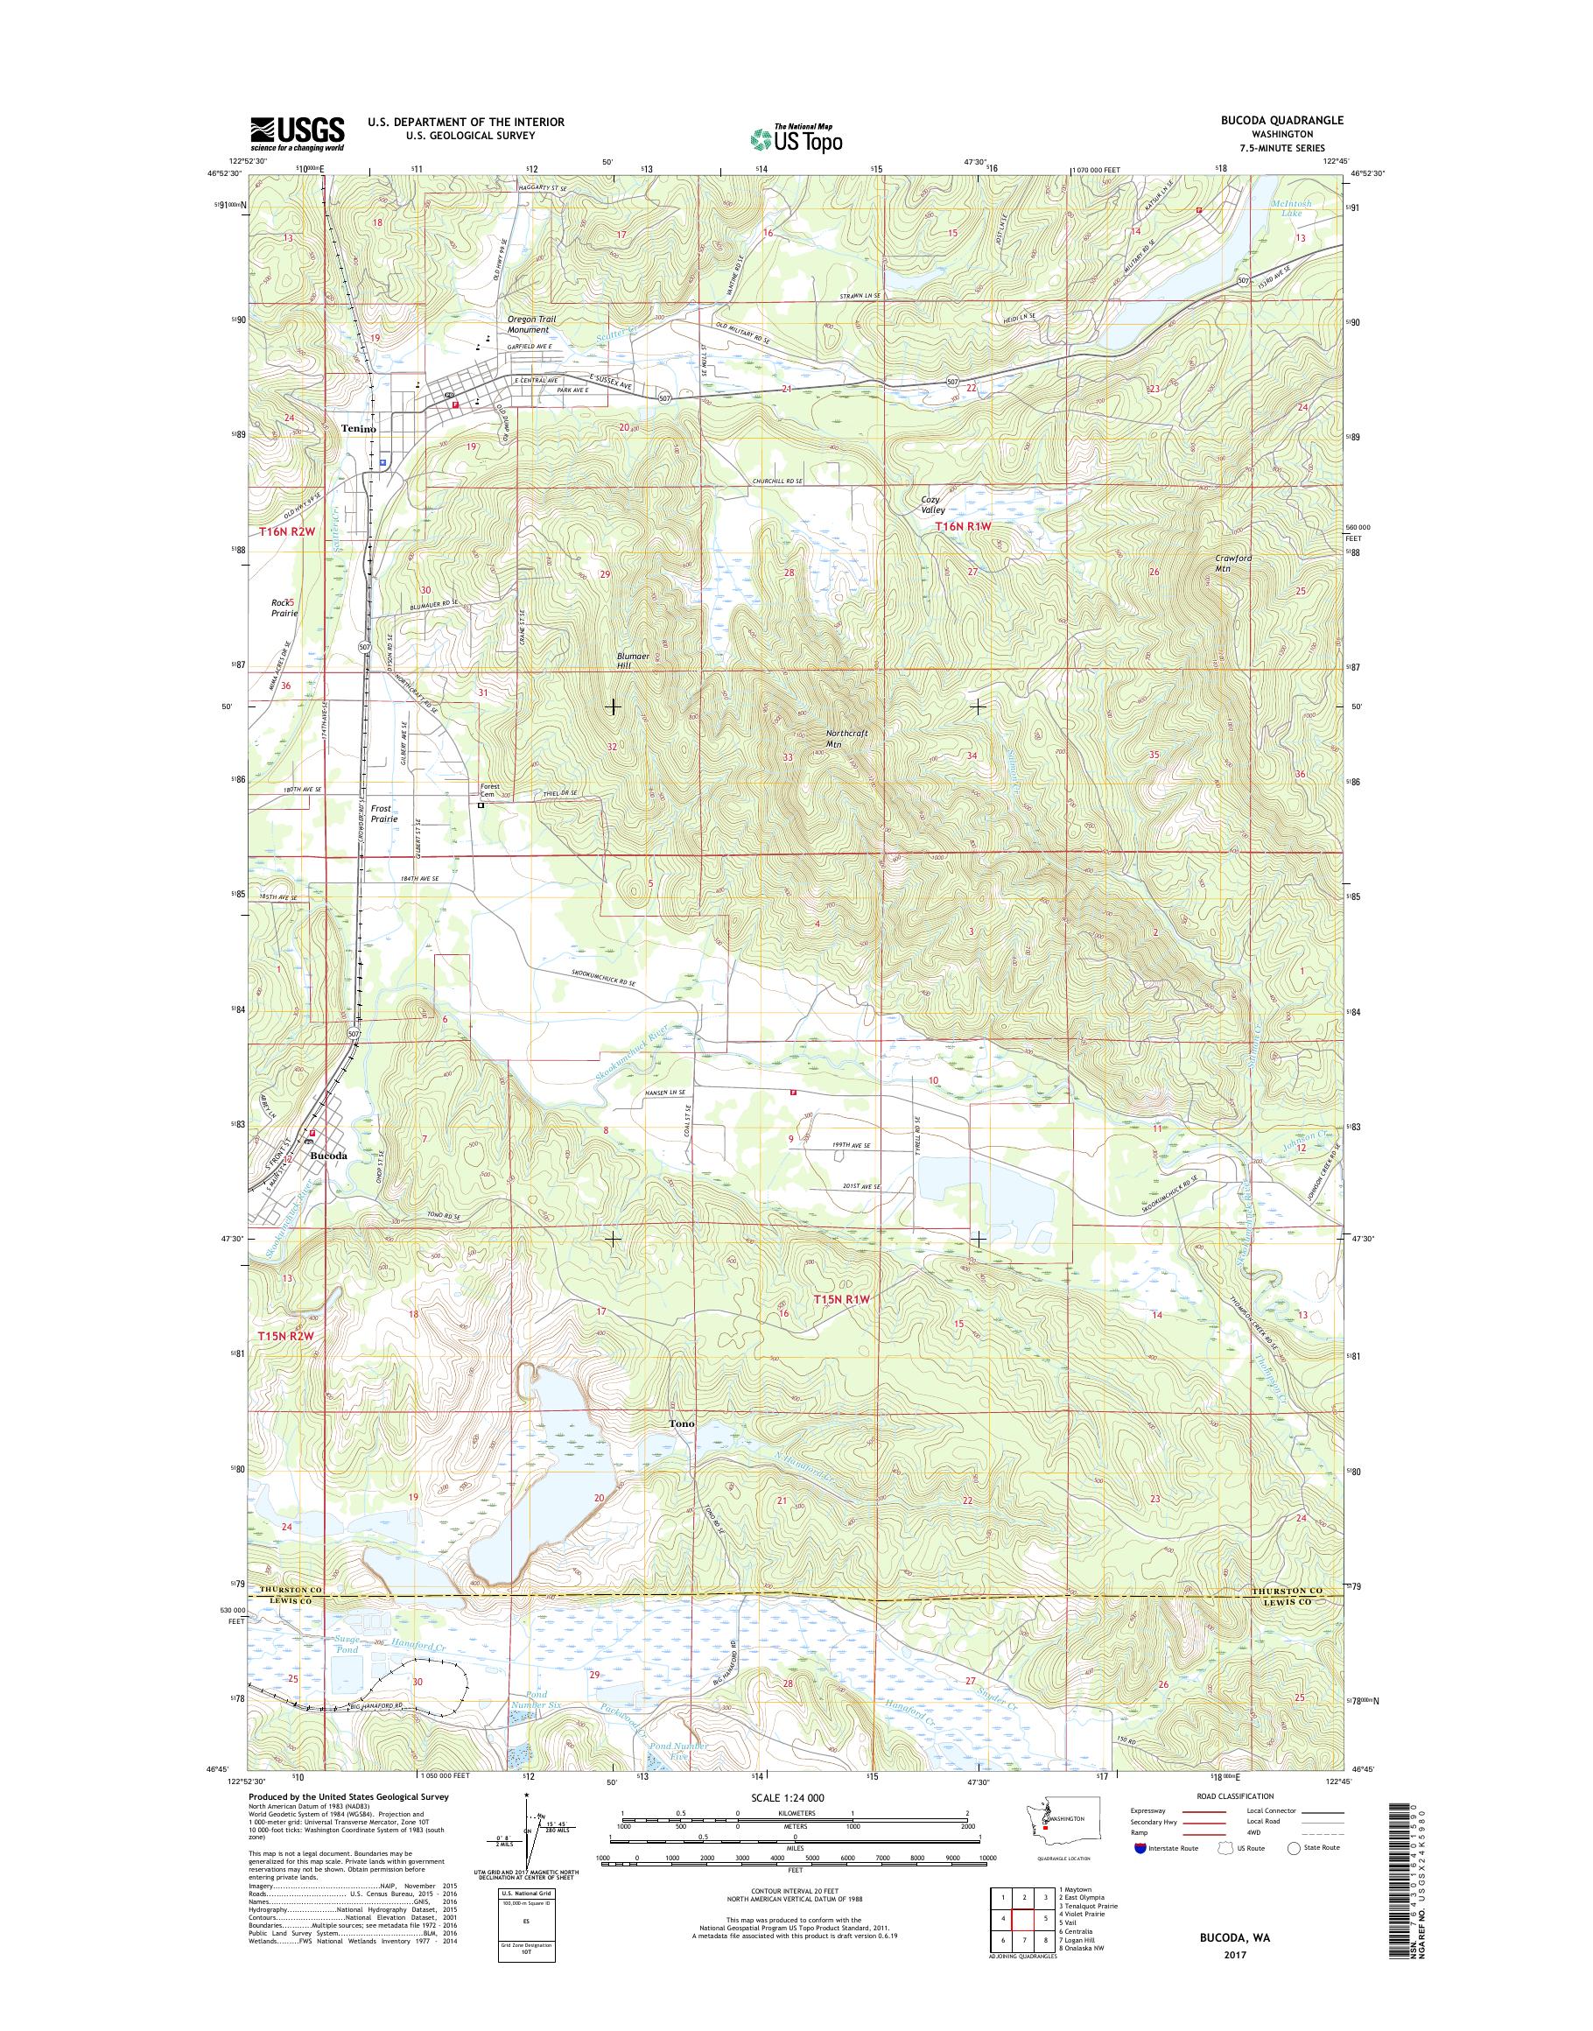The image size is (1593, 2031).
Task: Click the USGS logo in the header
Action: click(297, 133)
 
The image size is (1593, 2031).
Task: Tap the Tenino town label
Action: click(358, 428)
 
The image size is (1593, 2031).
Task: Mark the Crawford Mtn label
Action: click(1233, 563)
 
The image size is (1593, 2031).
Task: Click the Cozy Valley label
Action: click(933, 505)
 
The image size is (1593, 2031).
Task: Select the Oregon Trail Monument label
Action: click(531, 324)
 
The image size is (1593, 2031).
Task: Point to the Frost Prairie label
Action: click(383, 813)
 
